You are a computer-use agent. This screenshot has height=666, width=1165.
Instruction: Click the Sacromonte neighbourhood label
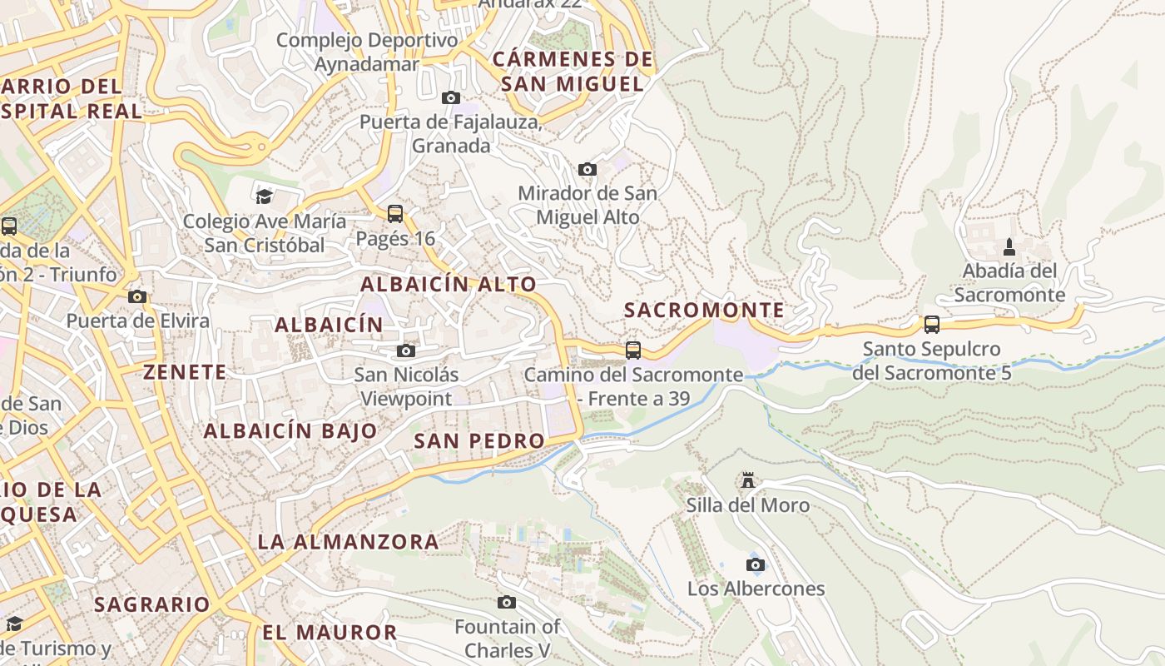[704, 311]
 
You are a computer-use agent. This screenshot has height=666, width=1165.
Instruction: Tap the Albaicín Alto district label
[449, 284]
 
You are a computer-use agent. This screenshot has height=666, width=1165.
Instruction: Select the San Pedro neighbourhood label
[479, 441]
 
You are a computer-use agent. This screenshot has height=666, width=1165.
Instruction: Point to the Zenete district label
[185, 372]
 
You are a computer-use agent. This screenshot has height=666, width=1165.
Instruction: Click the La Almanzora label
[348, 542]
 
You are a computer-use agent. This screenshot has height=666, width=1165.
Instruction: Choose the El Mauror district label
[330, 632]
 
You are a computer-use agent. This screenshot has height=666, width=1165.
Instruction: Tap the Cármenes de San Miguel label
[573, 72]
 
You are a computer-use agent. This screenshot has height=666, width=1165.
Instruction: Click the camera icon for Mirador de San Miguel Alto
[587, 170]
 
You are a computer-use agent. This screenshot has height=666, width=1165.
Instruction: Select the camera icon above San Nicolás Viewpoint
[406, 351]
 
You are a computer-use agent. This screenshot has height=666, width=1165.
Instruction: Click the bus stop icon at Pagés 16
[395, 214]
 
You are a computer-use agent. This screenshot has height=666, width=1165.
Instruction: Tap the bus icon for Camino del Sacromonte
[633, 350]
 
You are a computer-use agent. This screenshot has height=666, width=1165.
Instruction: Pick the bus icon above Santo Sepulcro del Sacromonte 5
[932, 325]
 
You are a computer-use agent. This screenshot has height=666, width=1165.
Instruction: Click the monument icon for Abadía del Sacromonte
[1009, 246]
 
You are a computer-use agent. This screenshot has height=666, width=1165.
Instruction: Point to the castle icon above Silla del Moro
[748, 480]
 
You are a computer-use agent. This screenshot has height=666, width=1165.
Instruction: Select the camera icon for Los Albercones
[756, 565]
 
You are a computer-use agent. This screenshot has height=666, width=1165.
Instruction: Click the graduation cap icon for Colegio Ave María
[264, 196]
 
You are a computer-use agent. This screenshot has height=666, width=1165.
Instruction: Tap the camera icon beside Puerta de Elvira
[137, 296]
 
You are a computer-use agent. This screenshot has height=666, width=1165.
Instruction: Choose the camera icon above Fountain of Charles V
[507, 602]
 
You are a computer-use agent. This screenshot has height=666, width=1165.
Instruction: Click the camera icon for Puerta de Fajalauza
[451, 98]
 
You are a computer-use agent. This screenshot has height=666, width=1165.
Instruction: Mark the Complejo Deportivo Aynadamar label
[367, 52]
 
